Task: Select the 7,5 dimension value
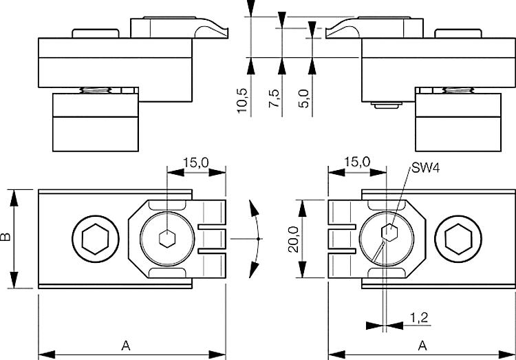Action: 275,99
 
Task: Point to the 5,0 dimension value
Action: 305,99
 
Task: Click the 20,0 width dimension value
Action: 293,238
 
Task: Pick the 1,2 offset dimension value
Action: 418,317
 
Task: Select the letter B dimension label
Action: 6,238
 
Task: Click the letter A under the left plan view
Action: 125,344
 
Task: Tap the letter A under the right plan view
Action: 421,344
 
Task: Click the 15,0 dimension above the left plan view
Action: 196,162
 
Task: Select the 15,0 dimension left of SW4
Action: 356,162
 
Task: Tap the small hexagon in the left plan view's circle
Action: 166,239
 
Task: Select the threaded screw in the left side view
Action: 100,89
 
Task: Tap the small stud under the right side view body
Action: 386,106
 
